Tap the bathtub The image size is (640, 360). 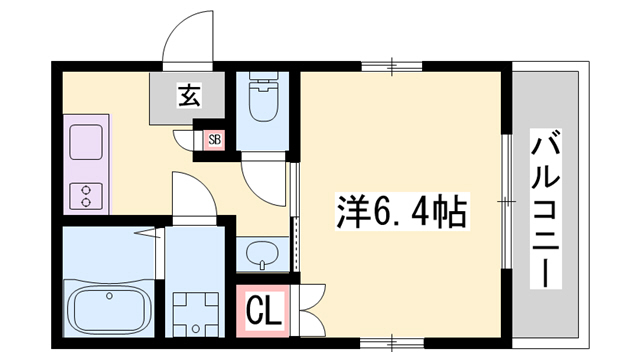click(x=109, y=307)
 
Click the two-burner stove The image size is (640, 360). click(x=85, y=195)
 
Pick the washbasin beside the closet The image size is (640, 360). click(x=262, y=252)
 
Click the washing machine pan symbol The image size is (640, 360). click(x=193, y=309)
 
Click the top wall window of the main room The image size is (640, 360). click(x=392, y=68)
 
